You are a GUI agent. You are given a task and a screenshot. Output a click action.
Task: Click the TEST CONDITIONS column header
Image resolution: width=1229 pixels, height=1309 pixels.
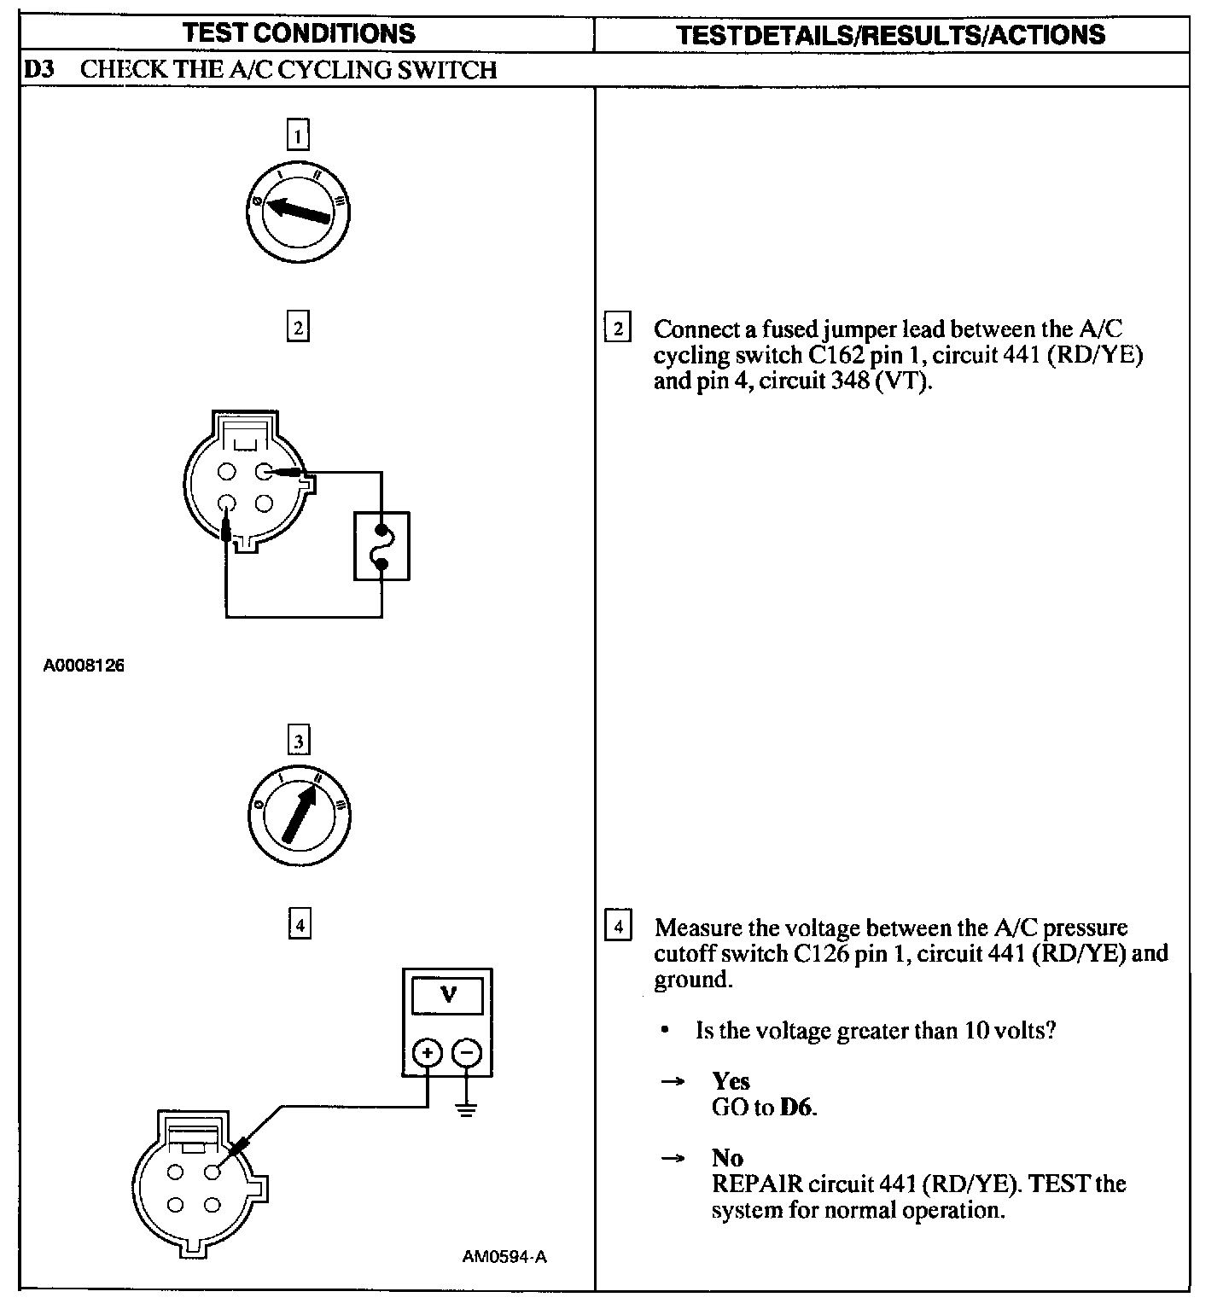coord(299,34)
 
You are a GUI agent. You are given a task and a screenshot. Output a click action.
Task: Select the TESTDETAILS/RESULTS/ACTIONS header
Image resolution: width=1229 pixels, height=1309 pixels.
coord(890,35)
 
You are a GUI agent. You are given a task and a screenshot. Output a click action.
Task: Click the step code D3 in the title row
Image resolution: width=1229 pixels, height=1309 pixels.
coord(39,70)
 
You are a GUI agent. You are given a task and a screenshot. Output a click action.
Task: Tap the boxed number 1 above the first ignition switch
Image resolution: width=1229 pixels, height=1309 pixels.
coord(298,136)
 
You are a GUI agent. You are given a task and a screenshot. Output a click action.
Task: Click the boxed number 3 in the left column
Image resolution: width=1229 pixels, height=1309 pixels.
coord(298,742)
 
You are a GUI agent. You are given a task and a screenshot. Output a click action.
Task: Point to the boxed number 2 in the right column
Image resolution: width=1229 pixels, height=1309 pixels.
coord(616,329)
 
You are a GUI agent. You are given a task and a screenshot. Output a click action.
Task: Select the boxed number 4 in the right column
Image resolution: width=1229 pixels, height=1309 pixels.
coord(617,926)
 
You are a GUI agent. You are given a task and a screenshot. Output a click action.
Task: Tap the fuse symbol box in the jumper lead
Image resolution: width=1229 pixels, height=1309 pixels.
coord(382,546)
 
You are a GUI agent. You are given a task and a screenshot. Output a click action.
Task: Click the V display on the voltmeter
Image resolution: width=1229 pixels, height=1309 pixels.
coord(447,995)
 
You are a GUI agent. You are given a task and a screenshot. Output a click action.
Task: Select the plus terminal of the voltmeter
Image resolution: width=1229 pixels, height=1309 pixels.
coord(427,1053)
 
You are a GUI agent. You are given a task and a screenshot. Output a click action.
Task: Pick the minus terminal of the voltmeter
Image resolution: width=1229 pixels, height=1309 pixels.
coord(466,1053)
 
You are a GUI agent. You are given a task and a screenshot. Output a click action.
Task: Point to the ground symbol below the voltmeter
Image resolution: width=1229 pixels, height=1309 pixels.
coord(466,1109)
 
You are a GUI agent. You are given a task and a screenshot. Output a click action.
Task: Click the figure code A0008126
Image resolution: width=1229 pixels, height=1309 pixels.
coord(84,665)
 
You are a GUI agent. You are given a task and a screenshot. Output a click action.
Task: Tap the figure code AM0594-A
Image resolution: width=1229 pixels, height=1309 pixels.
coord(504,1257)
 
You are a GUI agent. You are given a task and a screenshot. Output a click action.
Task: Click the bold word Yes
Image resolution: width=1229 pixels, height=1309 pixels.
coord(731,1081)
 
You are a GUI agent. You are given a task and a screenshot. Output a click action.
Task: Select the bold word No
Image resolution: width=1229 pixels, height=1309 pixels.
coord(727,1158)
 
